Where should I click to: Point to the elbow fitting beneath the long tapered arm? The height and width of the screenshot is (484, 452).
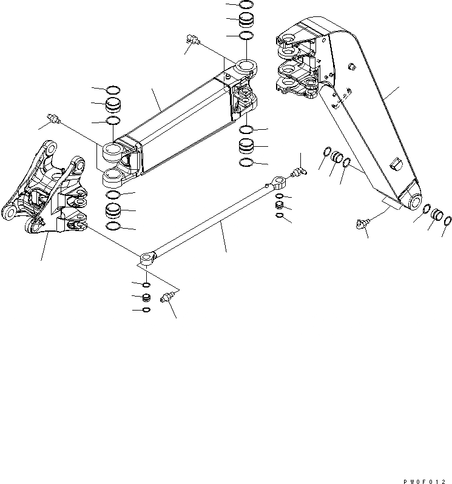pyautogui.click(x=362, y=224)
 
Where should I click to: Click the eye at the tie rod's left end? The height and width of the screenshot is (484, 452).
pyautogui.click(x=147, y=259)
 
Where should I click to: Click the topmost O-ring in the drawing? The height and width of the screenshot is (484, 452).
pyautogui.click(x=246, y=4)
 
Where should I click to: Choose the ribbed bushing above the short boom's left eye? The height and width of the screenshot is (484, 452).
pyautogui.click(x=113, y=106)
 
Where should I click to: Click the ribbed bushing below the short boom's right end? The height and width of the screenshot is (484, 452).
pyautogui.click(x=246, y=146)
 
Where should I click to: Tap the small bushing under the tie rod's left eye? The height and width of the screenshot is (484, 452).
pyautogui.click(x=146, y=297)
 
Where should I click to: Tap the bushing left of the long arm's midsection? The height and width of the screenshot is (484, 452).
pyautogui.click(x=336, y=158)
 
